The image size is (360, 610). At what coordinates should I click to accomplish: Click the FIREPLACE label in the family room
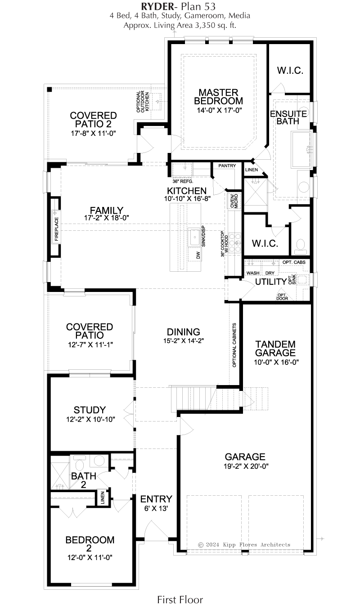pos(57,229)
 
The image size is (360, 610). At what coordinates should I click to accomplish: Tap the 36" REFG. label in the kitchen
pos(183,181)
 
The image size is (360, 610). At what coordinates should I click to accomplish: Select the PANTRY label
pos(227,166)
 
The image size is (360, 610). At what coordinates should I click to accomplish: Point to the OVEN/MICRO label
pos(234,201)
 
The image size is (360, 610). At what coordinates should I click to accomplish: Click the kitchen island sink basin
pos(195,238)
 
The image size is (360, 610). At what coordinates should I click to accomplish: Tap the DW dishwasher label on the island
pos(198,255)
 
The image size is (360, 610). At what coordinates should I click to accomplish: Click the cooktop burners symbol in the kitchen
pos(235,242)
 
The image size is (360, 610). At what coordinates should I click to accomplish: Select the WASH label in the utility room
pos(253,273)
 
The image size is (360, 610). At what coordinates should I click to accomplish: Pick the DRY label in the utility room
pos(270,273)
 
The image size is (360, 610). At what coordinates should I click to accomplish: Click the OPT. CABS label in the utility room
pos(294,262)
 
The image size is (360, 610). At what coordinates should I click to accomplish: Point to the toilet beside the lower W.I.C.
pos(301,245)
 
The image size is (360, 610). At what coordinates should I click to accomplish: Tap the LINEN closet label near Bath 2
pos(103,498)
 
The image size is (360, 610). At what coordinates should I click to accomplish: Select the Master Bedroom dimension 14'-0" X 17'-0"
pos(220,110)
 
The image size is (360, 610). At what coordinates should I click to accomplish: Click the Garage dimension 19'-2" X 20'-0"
pos(246,466)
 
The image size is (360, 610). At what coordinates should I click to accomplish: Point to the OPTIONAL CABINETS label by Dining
pos(234,345)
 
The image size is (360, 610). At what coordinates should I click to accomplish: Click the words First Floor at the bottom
pos(180,600)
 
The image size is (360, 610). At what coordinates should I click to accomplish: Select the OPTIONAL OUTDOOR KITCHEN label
pos(143,102)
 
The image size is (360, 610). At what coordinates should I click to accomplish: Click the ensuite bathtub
pos(301,150)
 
